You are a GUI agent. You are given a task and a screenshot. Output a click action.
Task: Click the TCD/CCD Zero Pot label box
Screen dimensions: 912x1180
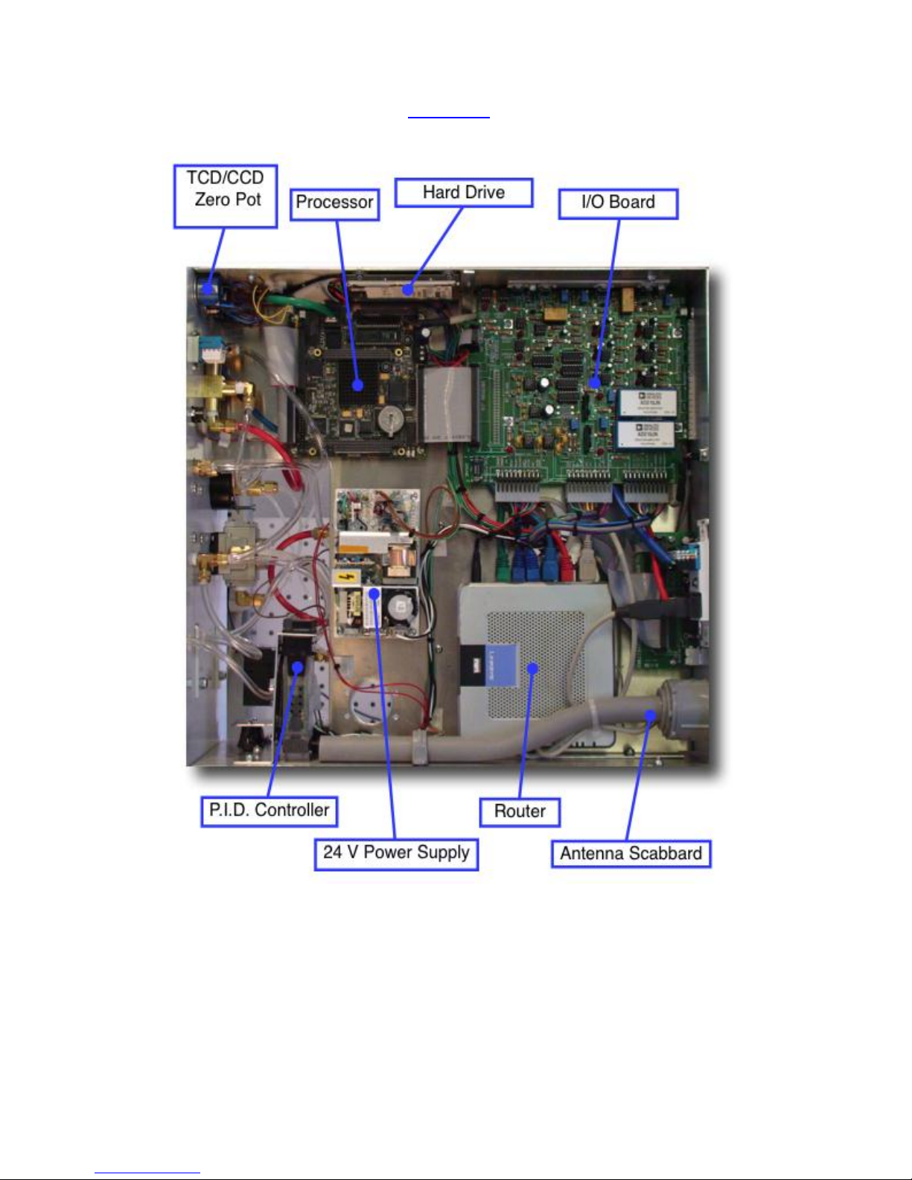tap(226, 197)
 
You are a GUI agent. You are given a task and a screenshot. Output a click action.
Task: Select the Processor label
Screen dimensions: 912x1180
tap(334, 203)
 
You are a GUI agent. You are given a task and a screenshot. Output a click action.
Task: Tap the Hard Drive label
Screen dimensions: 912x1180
tap(463, 193)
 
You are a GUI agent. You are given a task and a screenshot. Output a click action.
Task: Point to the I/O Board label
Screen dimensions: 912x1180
tap(618, 203)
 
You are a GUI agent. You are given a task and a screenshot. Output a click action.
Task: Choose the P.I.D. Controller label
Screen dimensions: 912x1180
tap(269, 811)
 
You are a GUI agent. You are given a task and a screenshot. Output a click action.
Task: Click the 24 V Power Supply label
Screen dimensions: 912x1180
tap(396, 853)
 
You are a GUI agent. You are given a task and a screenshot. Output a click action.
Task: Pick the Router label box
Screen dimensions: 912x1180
tap(520, 811)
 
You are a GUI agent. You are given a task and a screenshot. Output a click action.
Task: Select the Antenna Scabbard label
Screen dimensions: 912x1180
tap(631, 854)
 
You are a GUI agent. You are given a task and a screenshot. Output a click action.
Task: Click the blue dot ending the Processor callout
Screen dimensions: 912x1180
tap(358, 385)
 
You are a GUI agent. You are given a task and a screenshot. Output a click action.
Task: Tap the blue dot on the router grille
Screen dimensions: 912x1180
tap(532, 669)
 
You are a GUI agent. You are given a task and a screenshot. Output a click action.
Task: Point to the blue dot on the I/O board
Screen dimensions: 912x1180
tap(594, 383)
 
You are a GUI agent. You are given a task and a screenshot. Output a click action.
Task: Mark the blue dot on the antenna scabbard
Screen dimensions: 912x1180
tap(650, 715)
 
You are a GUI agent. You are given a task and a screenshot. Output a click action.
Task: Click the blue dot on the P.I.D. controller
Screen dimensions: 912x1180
tap(297, 668)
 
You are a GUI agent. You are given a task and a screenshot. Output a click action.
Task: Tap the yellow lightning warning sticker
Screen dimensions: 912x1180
tap(345, 576)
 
